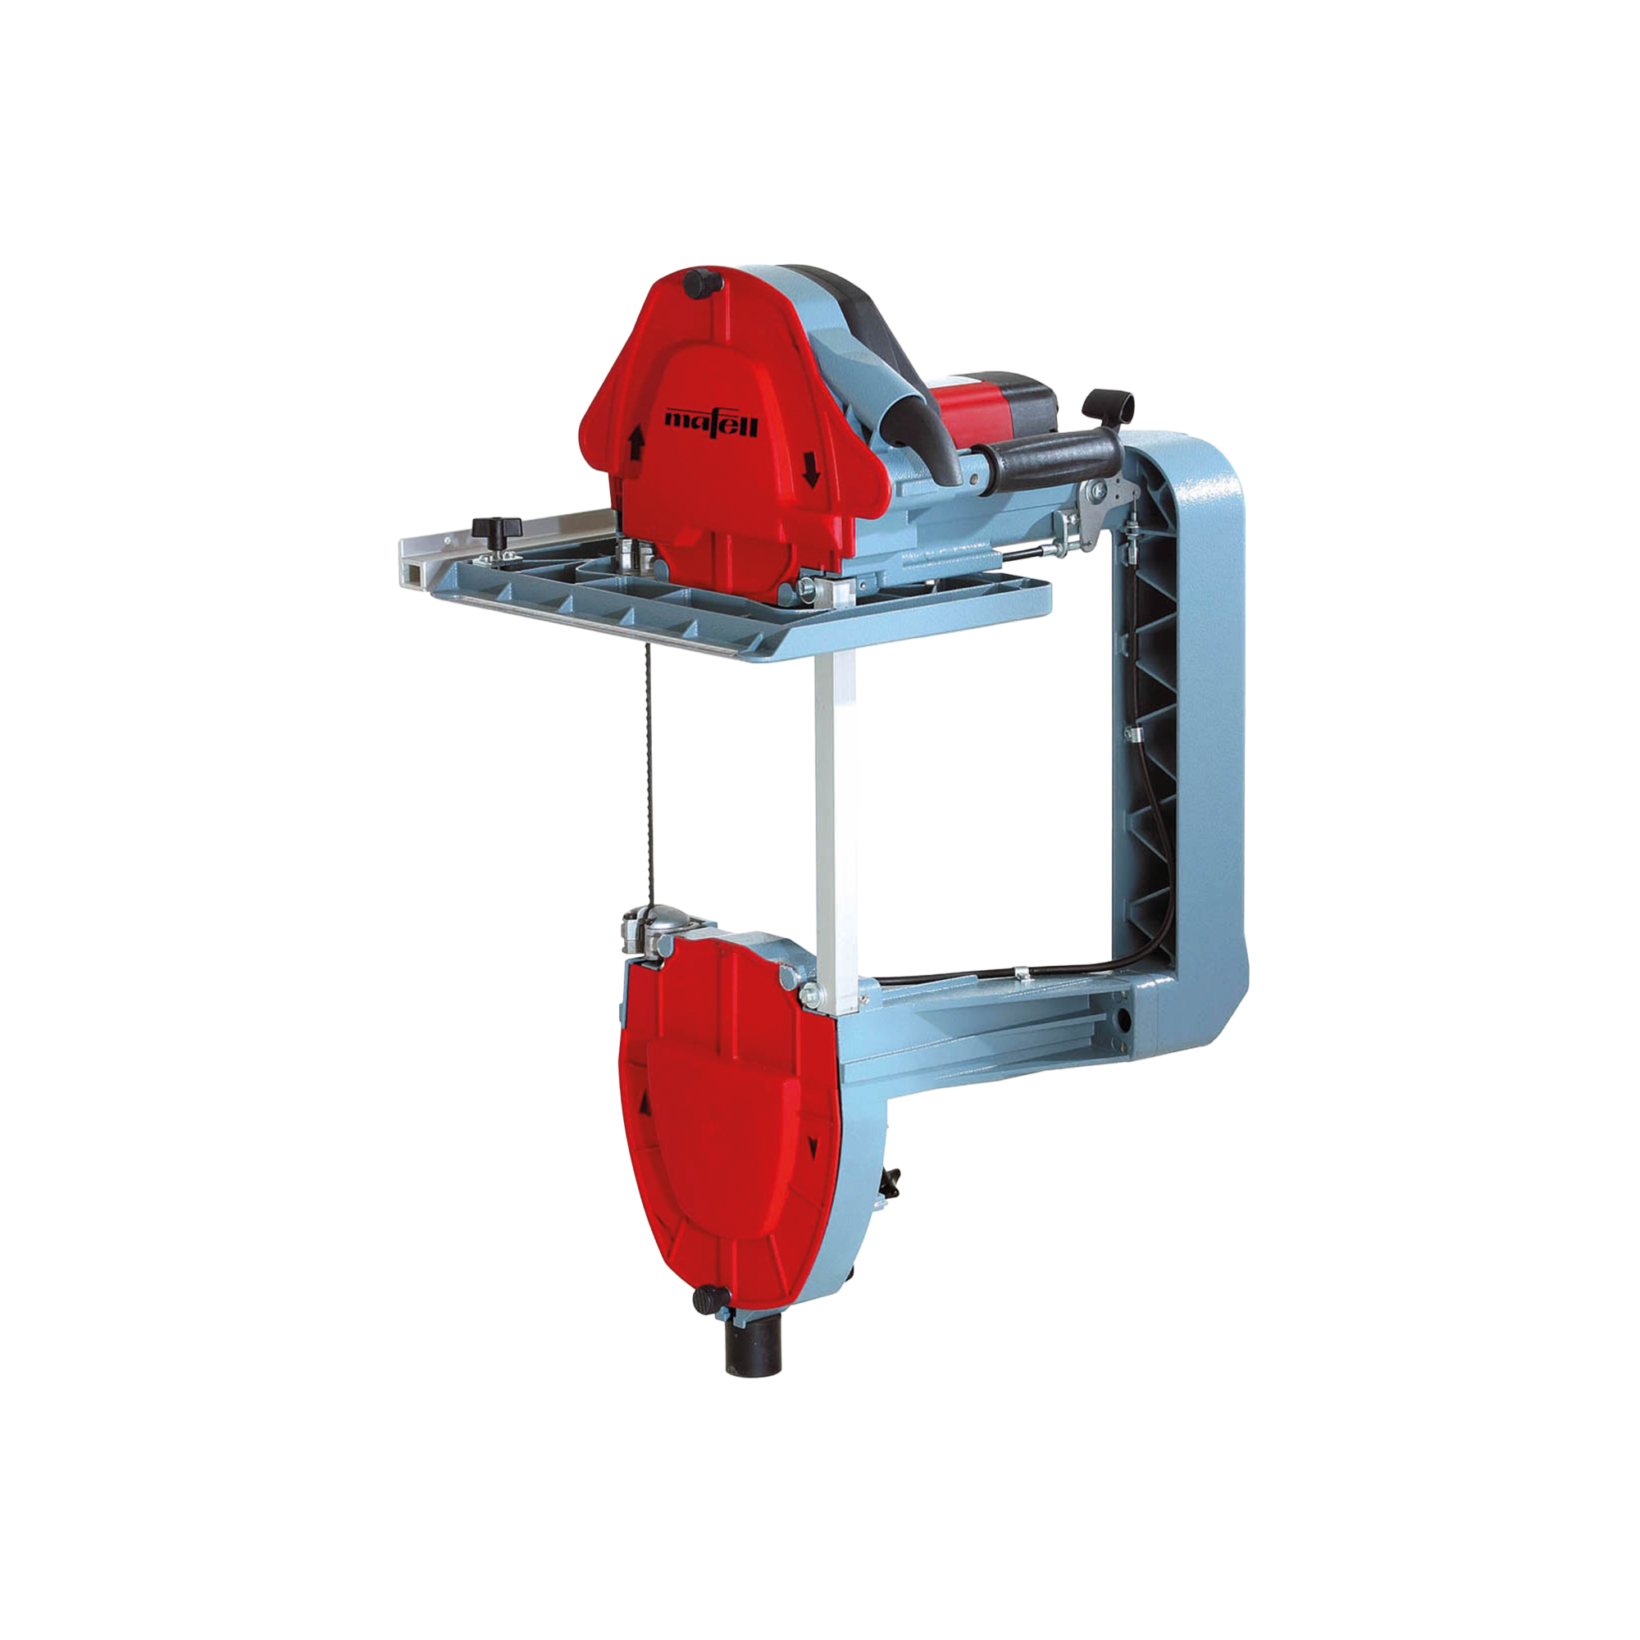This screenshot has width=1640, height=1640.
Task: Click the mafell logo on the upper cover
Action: [710, 421]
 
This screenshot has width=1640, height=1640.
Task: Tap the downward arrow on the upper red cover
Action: [811, 467]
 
